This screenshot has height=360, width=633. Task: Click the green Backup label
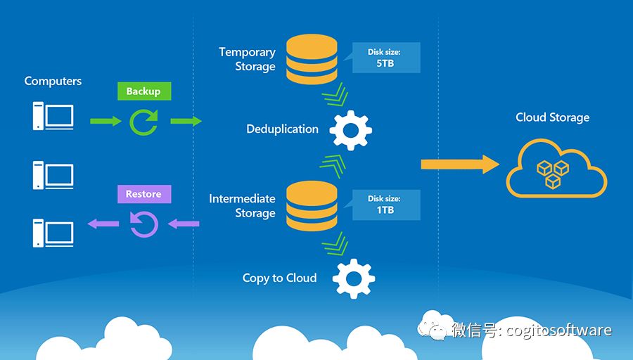click(x=143, y=91)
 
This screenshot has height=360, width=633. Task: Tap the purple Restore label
click(x=143, y=194)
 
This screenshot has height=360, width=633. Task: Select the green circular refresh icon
click(x=143, y=122)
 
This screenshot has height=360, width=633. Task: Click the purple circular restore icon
click(x=143, y=225)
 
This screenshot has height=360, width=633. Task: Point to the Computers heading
click(x=53, y=81)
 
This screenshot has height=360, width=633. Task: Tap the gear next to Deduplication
click(x=350, y=129)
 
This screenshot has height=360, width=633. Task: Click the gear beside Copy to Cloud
click(x=353, y=278)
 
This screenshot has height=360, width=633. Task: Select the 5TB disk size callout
click(x=385, y=58)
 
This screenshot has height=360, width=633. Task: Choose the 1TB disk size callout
click(x=385, y=205)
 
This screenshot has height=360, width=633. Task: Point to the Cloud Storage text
click(x=552, y=117)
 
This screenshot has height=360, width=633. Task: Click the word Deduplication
click(x=282, y=129)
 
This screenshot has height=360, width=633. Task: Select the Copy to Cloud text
click(x=279, y=278)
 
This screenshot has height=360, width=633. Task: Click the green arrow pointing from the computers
click(x=105, y=122)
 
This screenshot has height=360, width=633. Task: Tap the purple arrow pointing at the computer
click(x=102, y=224)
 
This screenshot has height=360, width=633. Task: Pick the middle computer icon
click(x=53, y=174)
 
